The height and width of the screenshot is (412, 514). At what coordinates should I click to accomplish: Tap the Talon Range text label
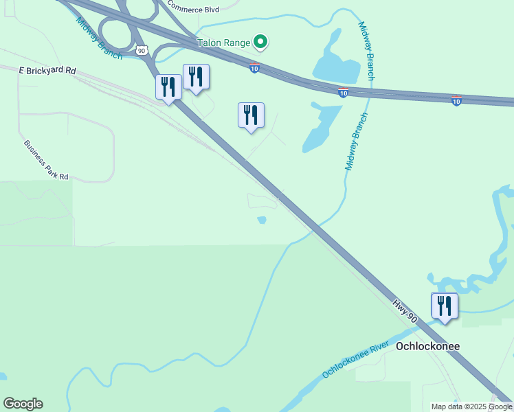pyautogui.click(x=223, y=43)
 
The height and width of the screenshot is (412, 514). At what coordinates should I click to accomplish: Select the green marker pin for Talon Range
pyautogui.click(x=260, y=43)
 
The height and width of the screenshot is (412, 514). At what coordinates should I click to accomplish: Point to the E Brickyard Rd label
pyautogui.click(x=47, y=71)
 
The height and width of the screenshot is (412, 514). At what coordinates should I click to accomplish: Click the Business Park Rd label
pyautogui.click(x=47, y=160)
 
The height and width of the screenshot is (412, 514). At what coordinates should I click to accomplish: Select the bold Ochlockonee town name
pyautogui.click(x=427, y=346)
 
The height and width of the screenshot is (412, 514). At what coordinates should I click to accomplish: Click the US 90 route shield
pyautogui.click(x=142, y=50)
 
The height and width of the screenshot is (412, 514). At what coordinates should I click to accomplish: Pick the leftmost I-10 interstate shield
pyautogui.click(x=254, y=67)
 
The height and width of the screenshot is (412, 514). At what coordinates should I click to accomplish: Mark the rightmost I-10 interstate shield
pyautogui.click(x=456, y=100)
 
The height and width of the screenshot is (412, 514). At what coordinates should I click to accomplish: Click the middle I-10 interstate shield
pyautogui.click(x=343, y=92)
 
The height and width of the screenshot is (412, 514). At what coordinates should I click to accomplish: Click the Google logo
pyautogui.click(x=23, y=404)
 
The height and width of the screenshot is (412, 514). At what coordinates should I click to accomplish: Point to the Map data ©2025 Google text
pyautogui.click(x=471, y=407)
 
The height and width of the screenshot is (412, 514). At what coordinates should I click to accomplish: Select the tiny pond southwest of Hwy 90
pyautogui.click(x=262, y=220)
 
